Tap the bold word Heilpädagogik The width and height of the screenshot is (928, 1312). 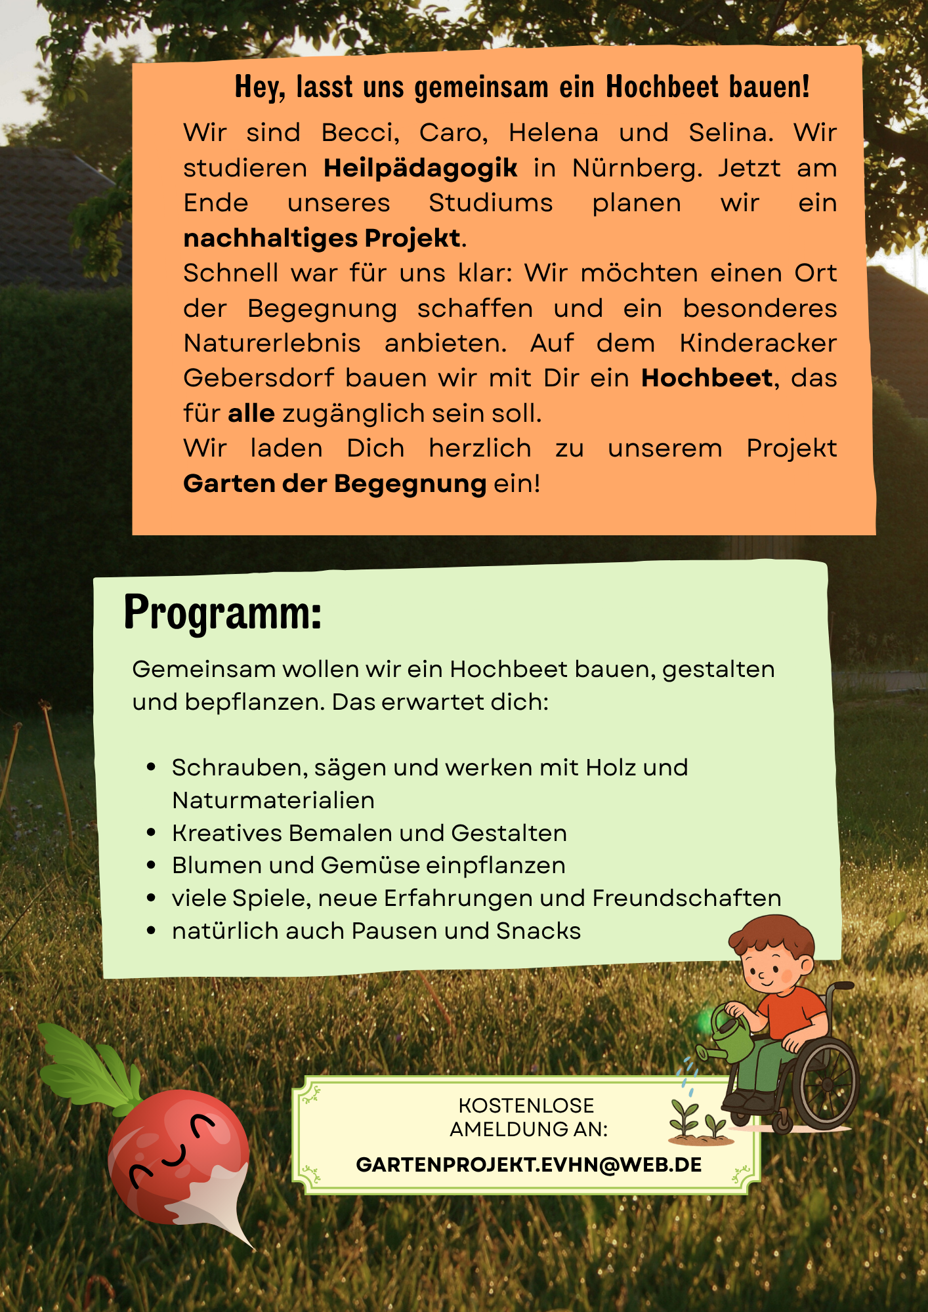(x=420, y=169)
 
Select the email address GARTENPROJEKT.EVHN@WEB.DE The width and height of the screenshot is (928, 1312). (x=528, y=1164)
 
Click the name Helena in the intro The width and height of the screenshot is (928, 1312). (x=553, y=133)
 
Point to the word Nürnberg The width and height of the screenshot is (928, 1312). (x=637, y=169)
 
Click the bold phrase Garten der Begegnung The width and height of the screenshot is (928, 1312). (x=335, y=484)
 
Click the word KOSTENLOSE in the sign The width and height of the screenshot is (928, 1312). (x=526, y=1105)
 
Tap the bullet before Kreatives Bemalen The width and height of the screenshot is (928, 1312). (x=152, y=833)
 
